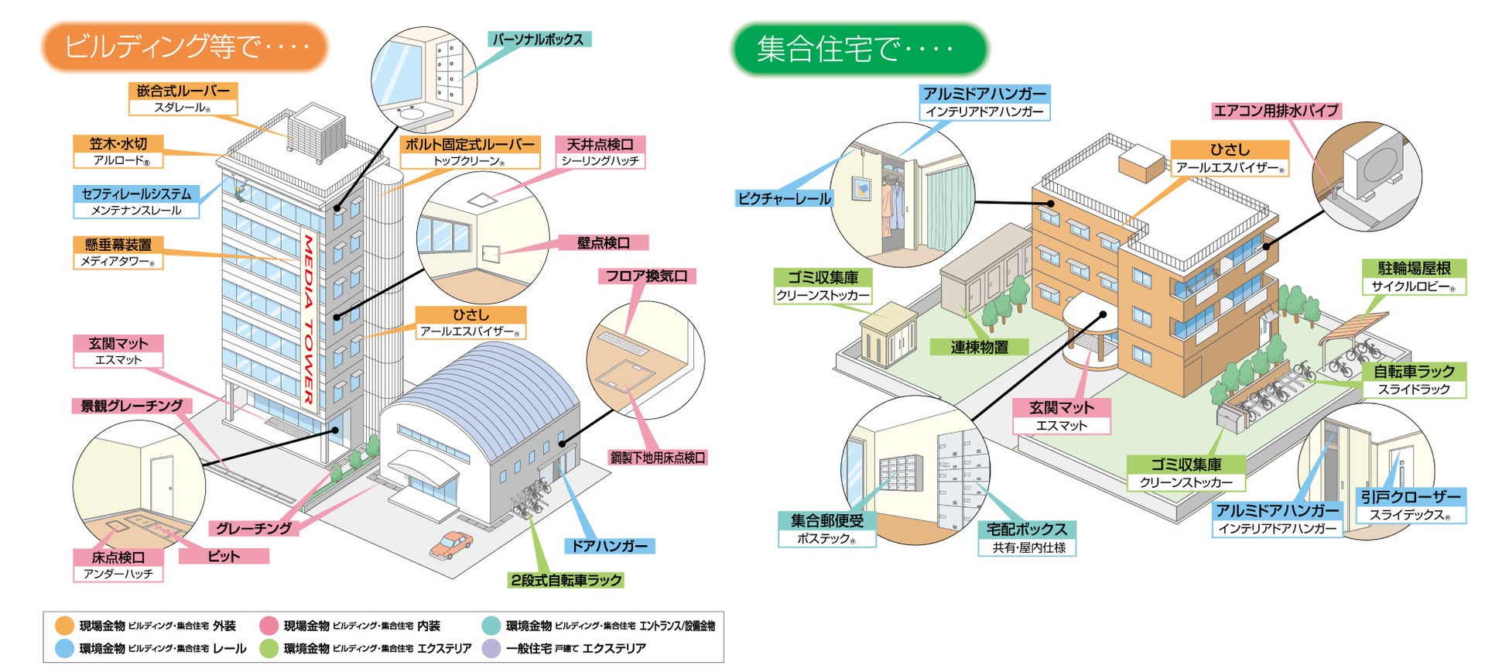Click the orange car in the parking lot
451,544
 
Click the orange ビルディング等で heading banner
185,46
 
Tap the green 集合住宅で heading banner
859,49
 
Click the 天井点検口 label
600,145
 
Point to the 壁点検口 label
604,242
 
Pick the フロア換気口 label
646,276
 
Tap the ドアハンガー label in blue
609,546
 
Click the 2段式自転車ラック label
566,580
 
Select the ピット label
224,556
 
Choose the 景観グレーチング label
132,405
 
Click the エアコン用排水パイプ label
1275,111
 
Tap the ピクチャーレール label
784,198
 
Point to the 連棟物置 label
979,347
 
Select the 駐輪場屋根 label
1414,269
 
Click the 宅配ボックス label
1027,530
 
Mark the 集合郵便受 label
826,520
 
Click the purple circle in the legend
491,648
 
